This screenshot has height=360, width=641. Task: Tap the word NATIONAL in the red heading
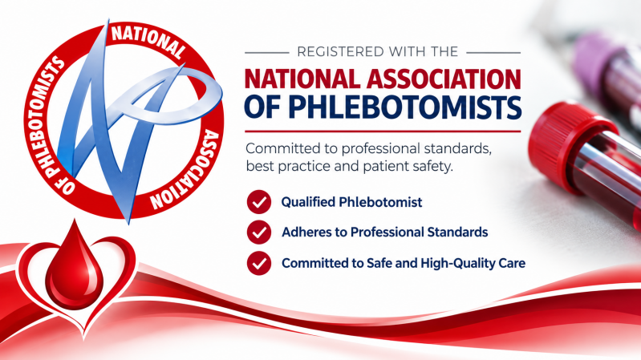pyautogui.click(x=302, y=79)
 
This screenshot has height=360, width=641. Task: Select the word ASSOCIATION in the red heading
pyautogui.click(x=444, y=79)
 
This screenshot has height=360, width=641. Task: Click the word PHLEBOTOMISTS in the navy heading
pyautogui.click(x=404, y=107)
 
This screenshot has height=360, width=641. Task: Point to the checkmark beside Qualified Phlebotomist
pyautogui.click(x=259, y=202)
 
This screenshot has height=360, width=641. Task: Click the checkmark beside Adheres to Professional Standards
pyautogui.click(x=259, y=232)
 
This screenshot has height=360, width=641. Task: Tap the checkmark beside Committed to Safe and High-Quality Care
pyautogui.click(x=259, y=263)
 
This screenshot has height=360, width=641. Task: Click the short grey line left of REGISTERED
pyautogui.click(x=266, y=52)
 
